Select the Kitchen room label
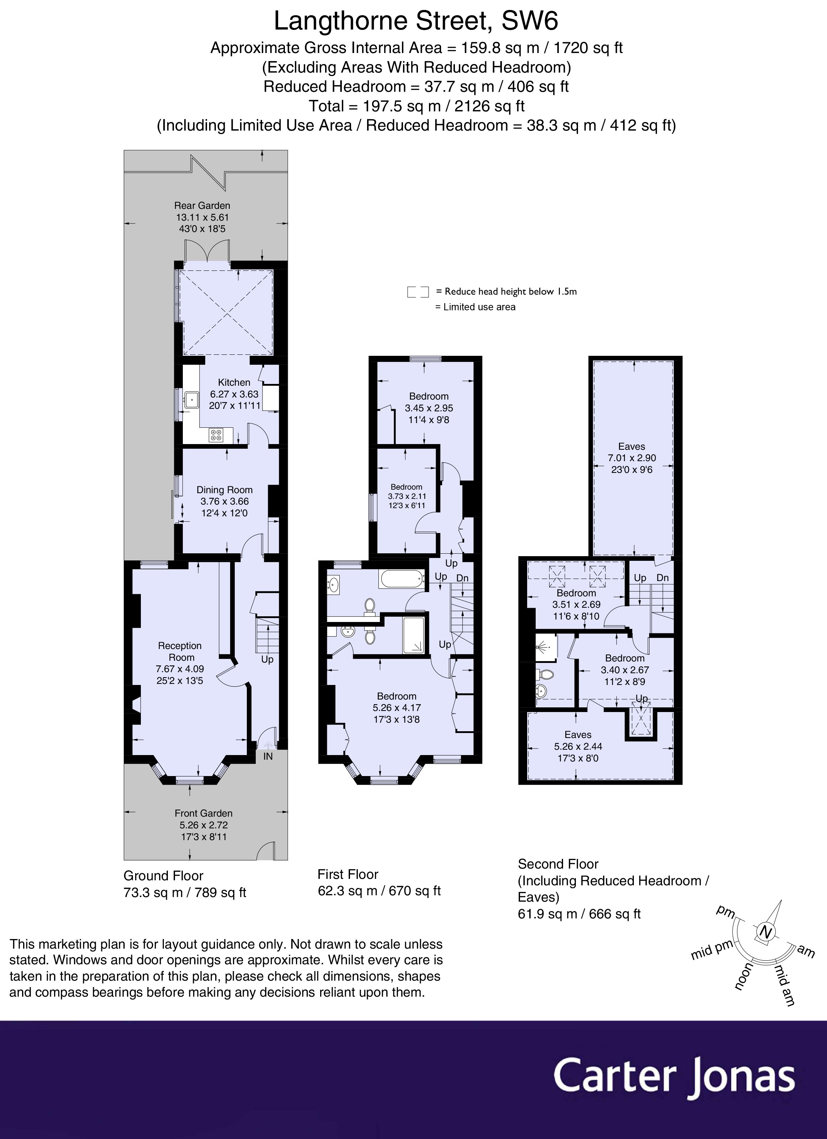(234, 382)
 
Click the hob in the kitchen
(216, 435)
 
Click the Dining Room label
(224, 490)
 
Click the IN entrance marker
(268, 756)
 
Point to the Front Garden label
(203, 813)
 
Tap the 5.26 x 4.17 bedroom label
(397, 707)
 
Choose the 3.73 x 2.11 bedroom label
(406, 496)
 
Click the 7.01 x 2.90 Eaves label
(632, 458)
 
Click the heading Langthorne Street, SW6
(416, 22)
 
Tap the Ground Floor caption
(163, 876)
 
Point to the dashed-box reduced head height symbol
(418, 292)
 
